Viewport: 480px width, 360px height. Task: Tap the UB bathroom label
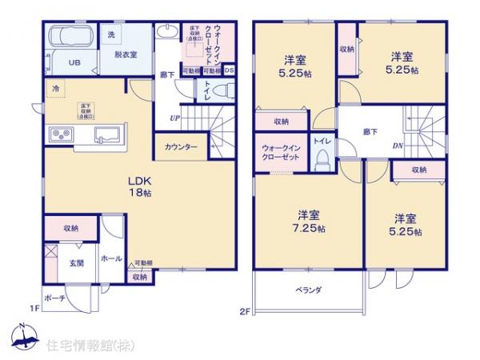click(x=73, y=62)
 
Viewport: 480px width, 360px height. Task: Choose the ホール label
click(x=111, y=259)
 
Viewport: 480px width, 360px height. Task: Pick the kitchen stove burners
click(x=62, y=134)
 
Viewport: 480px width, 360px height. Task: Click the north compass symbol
click(x=24, y=336)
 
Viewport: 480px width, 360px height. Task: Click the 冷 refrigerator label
click(x=55, y=88)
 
